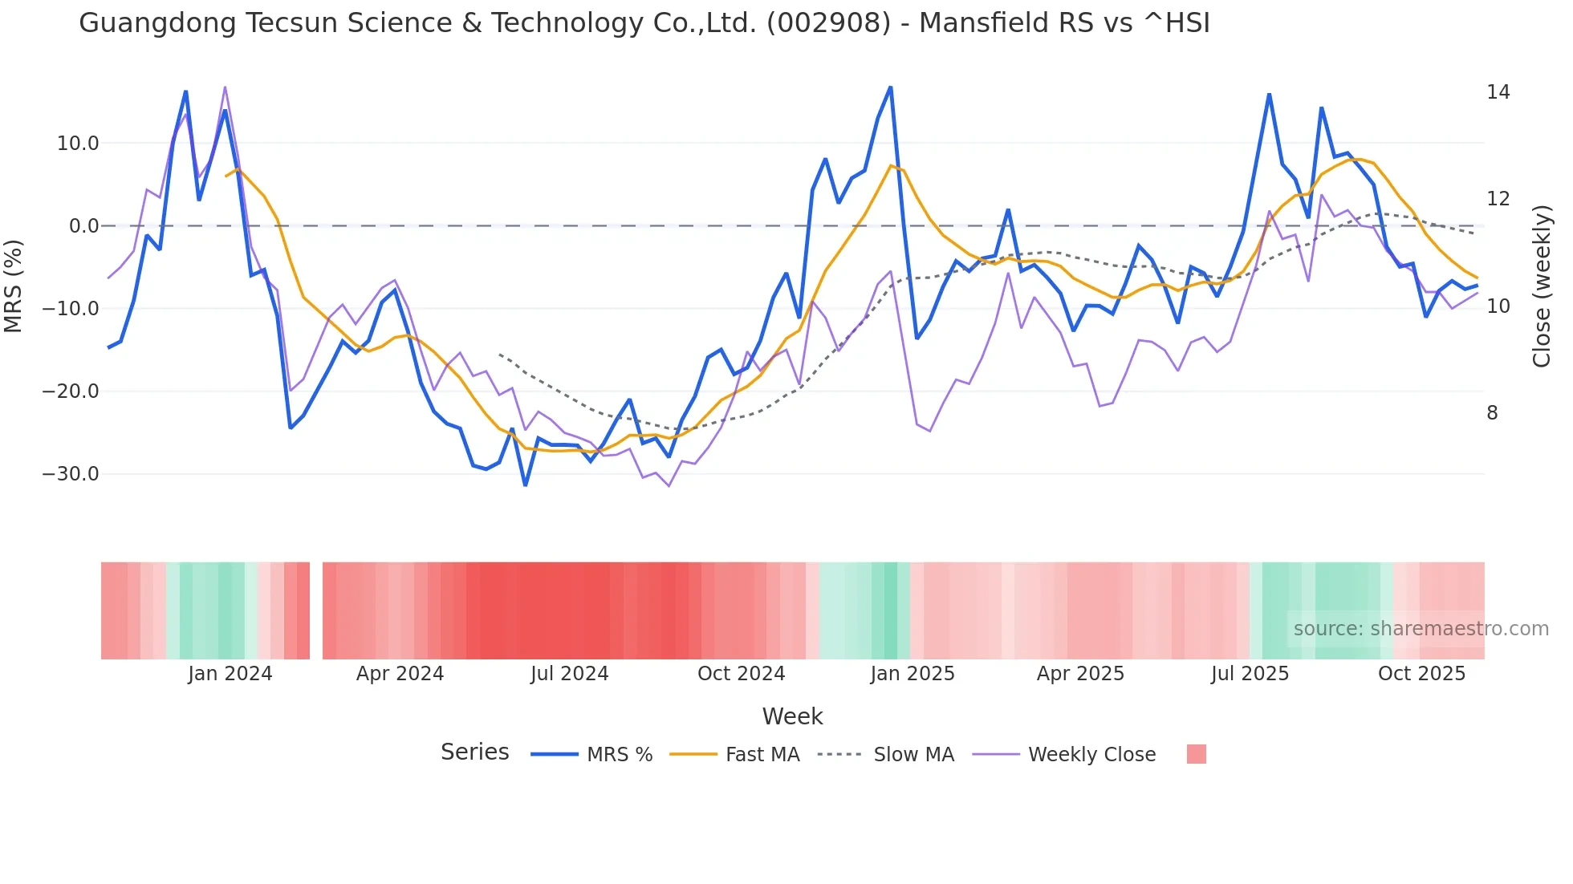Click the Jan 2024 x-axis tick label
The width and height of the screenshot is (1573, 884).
230,674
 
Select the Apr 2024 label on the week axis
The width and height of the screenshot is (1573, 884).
400,674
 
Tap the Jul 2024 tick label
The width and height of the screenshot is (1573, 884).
569,674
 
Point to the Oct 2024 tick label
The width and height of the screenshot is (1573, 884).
741,674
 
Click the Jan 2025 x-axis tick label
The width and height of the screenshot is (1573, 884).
912,674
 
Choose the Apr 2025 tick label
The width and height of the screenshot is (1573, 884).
1080,674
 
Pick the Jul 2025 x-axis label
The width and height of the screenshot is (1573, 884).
1250,674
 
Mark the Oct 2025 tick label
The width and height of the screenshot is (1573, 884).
1421,674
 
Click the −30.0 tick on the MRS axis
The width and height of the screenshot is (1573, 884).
71,474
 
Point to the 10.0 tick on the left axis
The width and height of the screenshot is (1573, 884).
77,144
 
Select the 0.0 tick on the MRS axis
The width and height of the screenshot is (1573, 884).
83,226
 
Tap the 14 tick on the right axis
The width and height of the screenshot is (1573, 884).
1498,92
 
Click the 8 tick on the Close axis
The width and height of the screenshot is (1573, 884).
1492,413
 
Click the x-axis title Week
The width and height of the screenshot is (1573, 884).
792,716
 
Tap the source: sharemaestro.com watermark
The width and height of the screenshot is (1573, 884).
1421,629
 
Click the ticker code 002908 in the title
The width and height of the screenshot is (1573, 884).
827,23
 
